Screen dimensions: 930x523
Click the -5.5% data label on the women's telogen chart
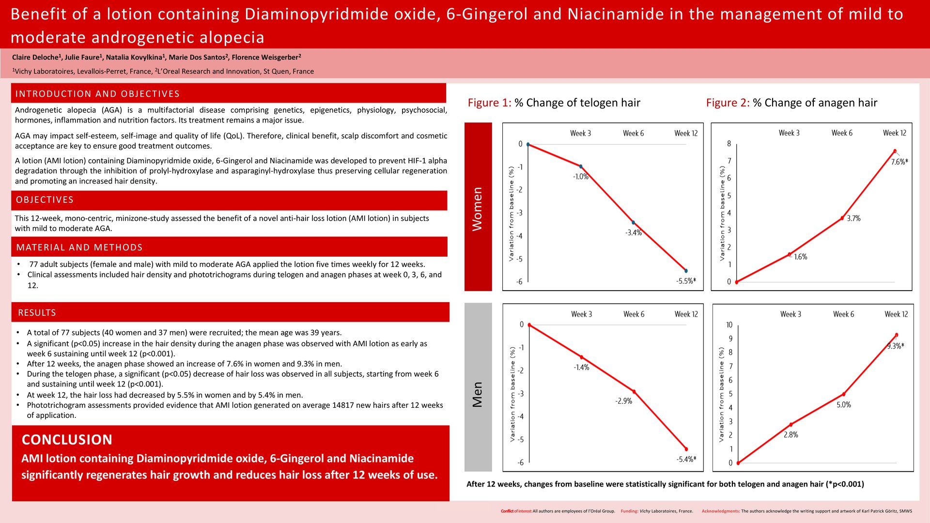click(x=686, y=281)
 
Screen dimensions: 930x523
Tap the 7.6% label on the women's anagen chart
click(x=899, y=162)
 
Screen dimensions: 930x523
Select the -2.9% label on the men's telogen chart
click(x=624, y=401)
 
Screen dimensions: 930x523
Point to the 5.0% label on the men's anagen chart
click(x=844, y=405)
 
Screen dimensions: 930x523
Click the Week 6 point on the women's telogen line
click(x=633, y=223)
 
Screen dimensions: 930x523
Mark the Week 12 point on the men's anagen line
click(x=897, y=335)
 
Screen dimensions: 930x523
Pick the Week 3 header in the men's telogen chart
click(x=582, y=314)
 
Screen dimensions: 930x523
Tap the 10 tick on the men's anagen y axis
click(x=729, y=325)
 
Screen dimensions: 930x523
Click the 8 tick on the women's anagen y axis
click(x=729, y=143)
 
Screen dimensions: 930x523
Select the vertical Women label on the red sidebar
click(x=478, y=209)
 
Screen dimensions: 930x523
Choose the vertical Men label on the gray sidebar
click(x=478, y=395)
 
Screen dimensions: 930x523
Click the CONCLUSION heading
click(x=67, y=440)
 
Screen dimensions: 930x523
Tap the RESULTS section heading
click(x=37, y=313)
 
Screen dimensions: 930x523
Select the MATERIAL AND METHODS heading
click(x=79, y=247)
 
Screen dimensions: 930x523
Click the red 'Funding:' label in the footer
click(x=629, y=511)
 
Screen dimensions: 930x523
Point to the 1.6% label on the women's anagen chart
click(x=801, y=257)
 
